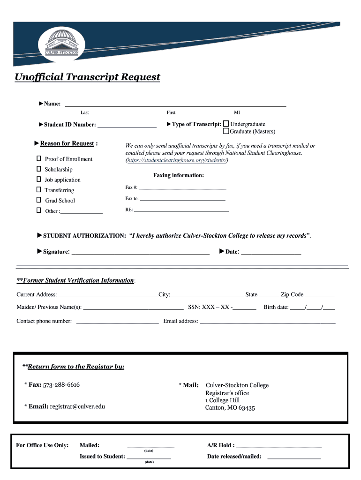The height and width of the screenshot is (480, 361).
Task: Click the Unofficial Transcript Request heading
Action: pyautogui.click(x=87, y=77)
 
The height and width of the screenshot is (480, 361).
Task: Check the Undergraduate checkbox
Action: pyautogui.click(x=226, y=124)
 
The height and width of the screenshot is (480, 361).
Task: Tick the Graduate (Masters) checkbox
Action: pyautogui.click(x=226, y=131)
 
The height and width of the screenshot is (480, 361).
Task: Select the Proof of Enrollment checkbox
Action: pyautogui.click(x=39, y=159)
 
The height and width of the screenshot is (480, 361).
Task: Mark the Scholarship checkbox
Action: pyautogui.click(x=39, y=169)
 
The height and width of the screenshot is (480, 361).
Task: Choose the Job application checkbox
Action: pyautogui.click(x=39, y=180)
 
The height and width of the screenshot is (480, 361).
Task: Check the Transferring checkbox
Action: pyautogui.click(x=39, y=190)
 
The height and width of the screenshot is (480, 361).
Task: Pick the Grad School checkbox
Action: pyautogui.click(x=39, y=200)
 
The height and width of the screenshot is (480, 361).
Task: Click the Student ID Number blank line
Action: pyautogui.click(x=127, y=126)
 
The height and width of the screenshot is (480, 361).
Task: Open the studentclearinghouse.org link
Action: pyautogui.click(x=177, y=160)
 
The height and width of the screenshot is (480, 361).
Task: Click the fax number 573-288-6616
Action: pyautogui.click(x=61, y=385)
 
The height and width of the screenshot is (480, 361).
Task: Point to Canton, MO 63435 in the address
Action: pyautogui.click(x=230, y=408)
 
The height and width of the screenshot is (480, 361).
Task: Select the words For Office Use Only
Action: pyautogui.click(x=42, y=445)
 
